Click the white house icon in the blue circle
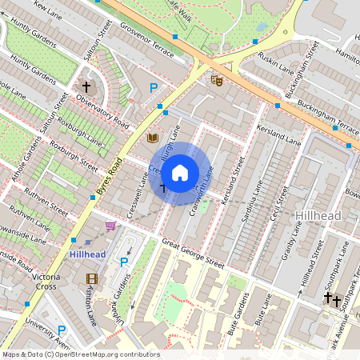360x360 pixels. [x=180, y=172]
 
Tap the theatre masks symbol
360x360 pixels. [x=216, y=79]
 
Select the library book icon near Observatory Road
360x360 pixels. [x=152, y=138]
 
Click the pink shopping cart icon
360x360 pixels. [x=110, y=226]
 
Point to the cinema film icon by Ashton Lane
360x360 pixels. [x=91, y=278]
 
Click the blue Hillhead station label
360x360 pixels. [x=87, y=254]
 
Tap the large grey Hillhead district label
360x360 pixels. [x=318, y=216]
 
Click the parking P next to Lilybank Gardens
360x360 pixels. [x=124, y=262]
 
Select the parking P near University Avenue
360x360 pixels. [x=62, y=330]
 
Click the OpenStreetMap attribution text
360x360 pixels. [x=80, y=354]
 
